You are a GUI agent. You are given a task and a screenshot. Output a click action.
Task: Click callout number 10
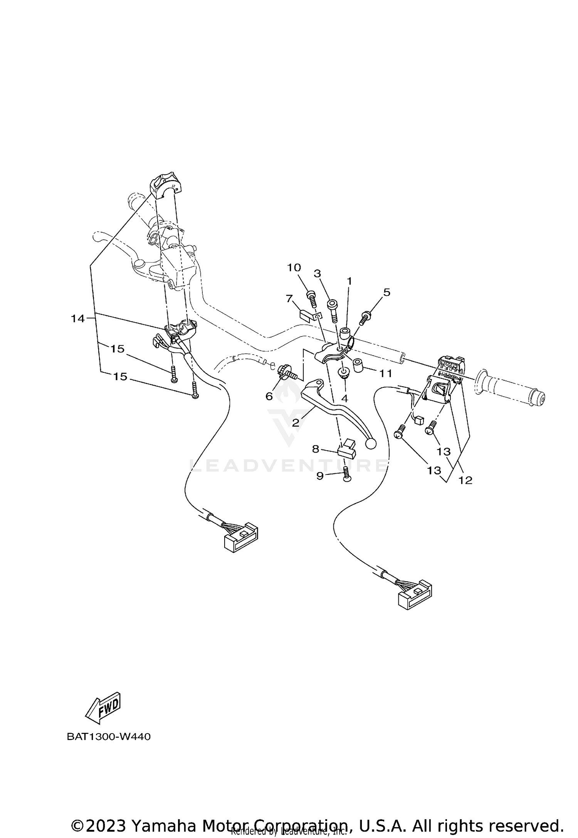coord(294,268)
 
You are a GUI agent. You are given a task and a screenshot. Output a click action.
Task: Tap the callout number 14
coord(77,318)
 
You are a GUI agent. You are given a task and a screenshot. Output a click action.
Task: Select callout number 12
coord(465,480)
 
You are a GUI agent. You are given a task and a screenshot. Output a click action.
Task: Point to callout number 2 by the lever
coord(296,423)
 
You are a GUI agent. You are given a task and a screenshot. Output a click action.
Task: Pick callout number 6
coord(269,396)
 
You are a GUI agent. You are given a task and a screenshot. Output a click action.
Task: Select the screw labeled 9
coord(346,475)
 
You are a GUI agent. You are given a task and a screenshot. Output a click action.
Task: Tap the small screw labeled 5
coord(365,318)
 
